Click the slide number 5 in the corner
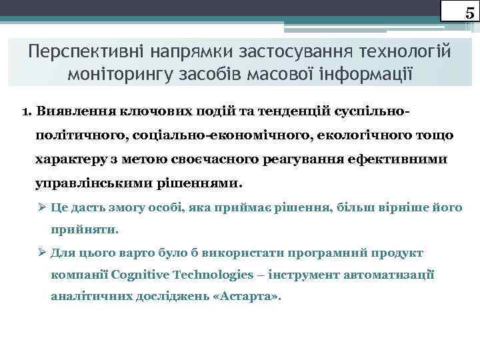coord(469,13)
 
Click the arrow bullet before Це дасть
coord(42,207)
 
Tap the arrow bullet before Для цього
coord(42,253)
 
